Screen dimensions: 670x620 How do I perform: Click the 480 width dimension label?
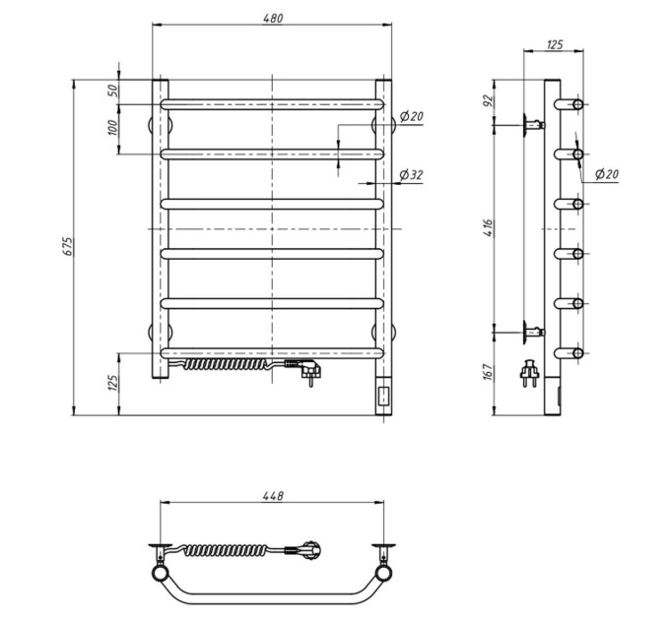click(x=273, y=19)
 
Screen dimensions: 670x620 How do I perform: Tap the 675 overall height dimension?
click(x=68, y=246)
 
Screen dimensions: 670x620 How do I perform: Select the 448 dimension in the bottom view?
click(x=273, y=496)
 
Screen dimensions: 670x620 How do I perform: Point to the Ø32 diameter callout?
click(x=411, y=174)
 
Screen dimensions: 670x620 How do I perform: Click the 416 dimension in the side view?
click(x=489, y=228)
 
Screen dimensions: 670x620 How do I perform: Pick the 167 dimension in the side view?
click(x=489, y=372)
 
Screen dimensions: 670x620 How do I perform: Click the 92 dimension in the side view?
click(x=489, y=100)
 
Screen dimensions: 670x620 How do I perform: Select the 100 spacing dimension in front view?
click(x=112, y=128)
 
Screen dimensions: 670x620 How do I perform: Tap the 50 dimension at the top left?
click(x=112, y=91)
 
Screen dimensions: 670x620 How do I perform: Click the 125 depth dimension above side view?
click(x=555, y=44)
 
